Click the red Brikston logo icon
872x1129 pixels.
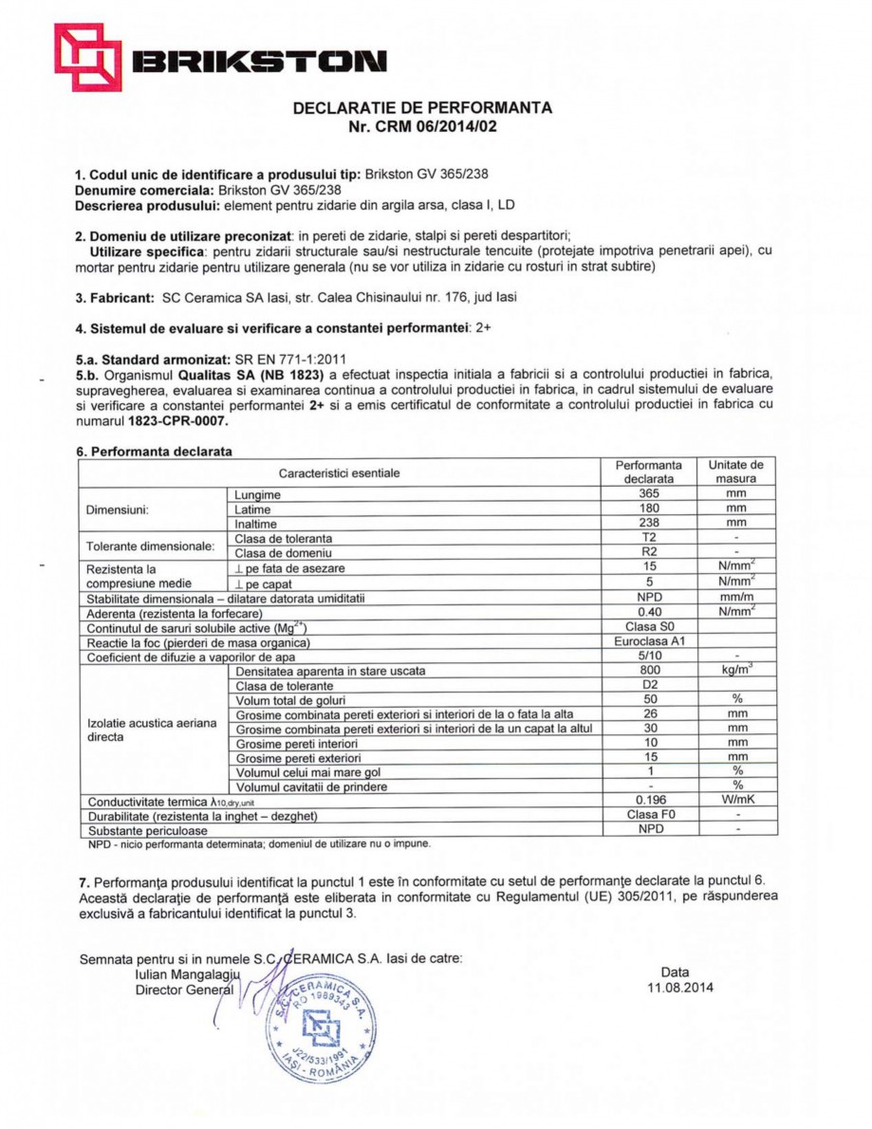point(87,57)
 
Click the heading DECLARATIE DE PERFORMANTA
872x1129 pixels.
point(422,108)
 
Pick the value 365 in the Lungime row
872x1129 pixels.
point(648,494)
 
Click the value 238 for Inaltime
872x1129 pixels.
point(648,523)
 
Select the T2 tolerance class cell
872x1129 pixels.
point(648,538)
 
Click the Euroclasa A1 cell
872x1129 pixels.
point(648,641)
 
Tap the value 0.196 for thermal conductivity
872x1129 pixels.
point(648,800)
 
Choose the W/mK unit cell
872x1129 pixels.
point(735,800)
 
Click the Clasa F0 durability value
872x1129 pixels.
point(648,814)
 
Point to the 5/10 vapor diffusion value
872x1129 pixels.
point(648,656)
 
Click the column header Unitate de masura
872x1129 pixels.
point(735,472)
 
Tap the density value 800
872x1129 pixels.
point(648,670)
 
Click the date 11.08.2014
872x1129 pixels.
point(676,988)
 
